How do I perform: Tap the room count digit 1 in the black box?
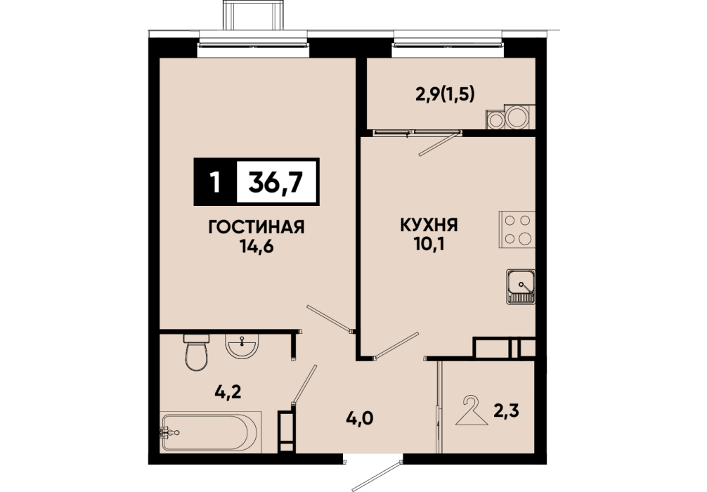pos(215,183)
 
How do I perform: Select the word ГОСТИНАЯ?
pos(257,227)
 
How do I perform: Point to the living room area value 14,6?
pos(257,247)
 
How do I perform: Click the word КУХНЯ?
pos(429,225)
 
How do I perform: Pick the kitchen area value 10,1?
pos(429,244)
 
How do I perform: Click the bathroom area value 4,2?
pos(228,391)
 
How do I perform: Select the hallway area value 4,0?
pos(359,418)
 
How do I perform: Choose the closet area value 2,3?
pos(506,411)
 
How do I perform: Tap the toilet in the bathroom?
pos(197,352)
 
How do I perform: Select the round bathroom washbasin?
pos(242,347)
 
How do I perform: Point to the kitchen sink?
pos(520,287)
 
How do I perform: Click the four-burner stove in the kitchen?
pos(517,230)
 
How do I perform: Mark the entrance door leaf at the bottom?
pos(377,476)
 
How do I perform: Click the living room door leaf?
pos(330,319)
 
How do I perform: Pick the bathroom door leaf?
pos(304,384)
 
